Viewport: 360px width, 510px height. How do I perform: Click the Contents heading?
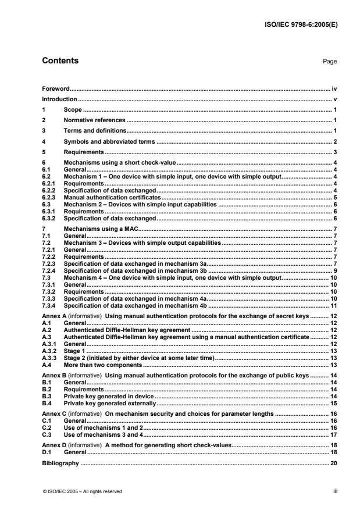coord(60,61)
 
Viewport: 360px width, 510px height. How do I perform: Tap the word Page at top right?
coord(330,62)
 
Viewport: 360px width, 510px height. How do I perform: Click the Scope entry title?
coord(73,109)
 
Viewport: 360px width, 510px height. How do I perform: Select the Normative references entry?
coord(94,120)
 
